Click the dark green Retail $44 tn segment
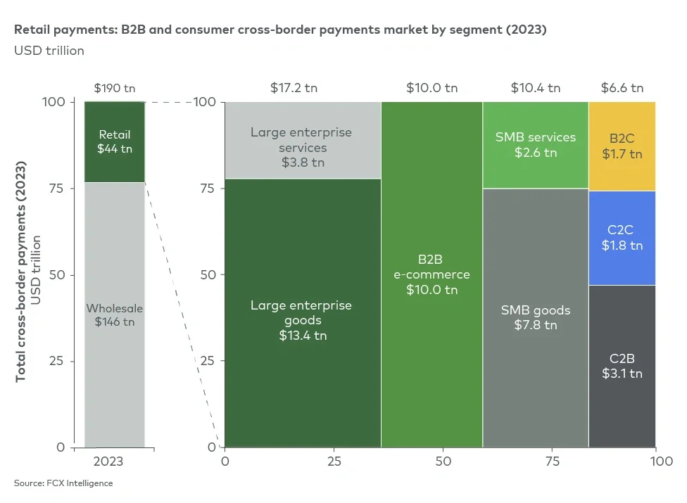(x=115, y=141)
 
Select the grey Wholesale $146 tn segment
(x=115, y=315)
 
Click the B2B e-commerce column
(x=431, y=274)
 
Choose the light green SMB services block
(x=536, y=144)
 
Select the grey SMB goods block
(x=536, y=317)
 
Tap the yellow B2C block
(x=622, y=146)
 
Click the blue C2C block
(x=622, y=238)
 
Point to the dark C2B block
(x=622, y=366)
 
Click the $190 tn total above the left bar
(x=115, y=88)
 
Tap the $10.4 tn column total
(x=536, y=88)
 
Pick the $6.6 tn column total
(x=622, y=88)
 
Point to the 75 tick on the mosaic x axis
(x=553, y=461)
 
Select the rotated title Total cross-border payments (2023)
(x=21, y=274)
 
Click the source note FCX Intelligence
(x=63, y=483)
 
